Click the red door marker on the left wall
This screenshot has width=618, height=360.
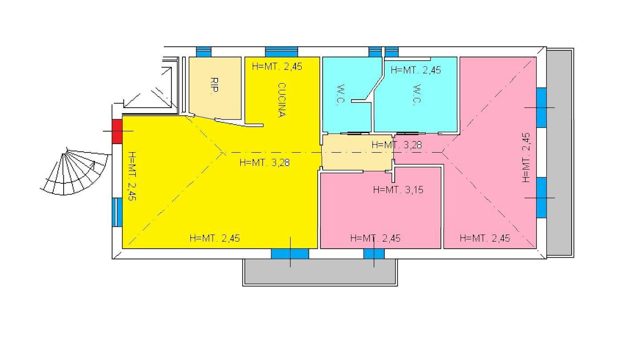point(117,131)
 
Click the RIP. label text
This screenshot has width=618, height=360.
point(214,85)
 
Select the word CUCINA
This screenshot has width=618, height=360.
point(281,100)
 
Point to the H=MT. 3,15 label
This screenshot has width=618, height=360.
point(398,190)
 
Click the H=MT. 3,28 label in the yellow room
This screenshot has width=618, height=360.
point(265,162)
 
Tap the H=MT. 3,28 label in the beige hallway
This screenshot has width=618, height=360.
point(397,145)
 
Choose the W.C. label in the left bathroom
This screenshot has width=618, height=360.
point(340,94)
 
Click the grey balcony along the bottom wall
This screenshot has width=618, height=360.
point(320,272)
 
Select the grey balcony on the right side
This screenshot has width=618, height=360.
point(560,153)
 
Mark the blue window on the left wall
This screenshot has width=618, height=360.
point(117,212)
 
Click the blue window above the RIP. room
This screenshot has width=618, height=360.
point(204,52)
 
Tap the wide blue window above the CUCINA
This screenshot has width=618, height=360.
point(281,52)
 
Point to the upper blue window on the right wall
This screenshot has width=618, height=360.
point(541,108)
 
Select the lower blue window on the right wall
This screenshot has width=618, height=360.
point(541,198)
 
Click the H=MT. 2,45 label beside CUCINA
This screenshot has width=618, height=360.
point(277,66)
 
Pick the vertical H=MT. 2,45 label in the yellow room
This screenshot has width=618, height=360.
point(132,176)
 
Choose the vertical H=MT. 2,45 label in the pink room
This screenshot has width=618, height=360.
point(526,158)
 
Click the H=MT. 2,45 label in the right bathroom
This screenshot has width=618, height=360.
point(416,70)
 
